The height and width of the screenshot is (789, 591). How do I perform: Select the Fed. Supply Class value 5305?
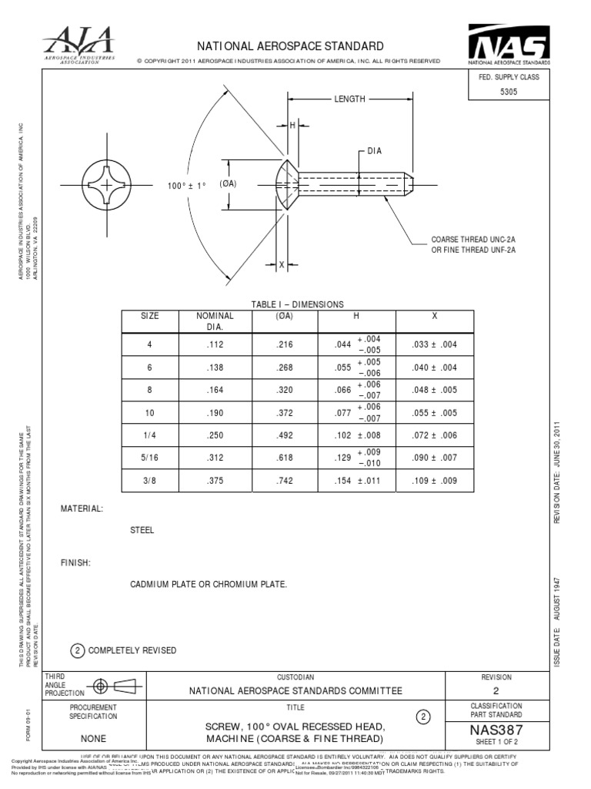[x=509, y=92]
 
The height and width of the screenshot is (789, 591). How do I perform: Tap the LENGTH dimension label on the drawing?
[x=349, y=99]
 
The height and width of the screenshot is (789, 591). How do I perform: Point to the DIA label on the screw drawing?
[x=375, y=151]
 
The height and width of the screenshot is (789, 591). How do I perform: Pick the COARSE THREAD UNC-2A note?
[x=472, y=240]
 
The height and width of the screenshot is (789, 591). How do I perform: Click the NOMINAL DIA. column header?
[x=215, y=321]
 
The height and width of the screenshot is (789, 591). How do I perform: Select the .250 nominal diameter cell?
[x=215, y=436]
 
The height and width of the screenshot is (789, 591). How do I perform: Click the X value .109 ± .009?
[x=434, y=482]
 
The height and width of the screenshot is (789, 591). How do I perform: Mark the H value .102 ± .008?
[x=356, y=436]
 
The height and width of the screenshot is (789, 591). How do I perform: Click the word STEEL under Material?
[x=142, y=530]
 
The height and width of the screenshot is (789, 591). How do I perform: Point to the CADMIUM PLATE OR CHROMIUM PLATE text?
[x=209, y=584]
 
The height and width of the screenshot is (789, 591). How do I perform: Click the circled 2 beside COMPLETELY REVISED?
[x=77, y=650]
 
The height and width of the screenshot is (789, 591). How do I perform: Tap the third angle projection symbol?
[x=111, y=686]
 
